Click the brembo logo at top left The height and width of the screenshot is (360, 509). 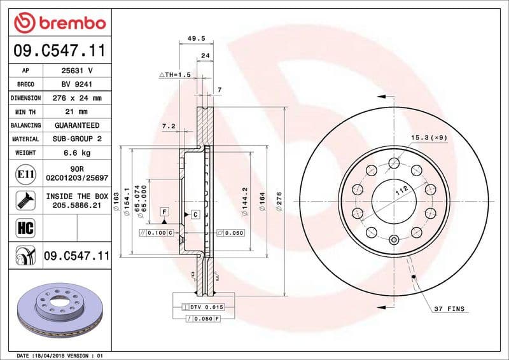59,24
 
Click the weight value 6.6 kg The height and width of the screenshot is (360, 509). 77,153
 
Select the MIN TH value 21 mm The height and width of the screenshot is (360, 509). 77,112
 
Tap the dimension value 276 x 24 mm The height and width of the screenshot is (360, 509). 77,98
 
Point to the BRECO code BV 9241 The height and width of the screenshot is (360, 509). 77,84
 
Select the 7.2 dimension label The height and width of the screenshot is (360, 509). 168,127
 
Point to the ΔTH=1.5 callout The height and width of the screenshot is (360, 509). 175,75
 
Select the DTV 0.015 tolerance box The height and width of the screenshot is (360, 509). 204,307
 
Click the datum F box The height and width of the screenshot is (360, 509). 164,211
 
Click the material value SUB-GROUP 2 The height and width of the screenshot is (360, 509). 77,139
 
